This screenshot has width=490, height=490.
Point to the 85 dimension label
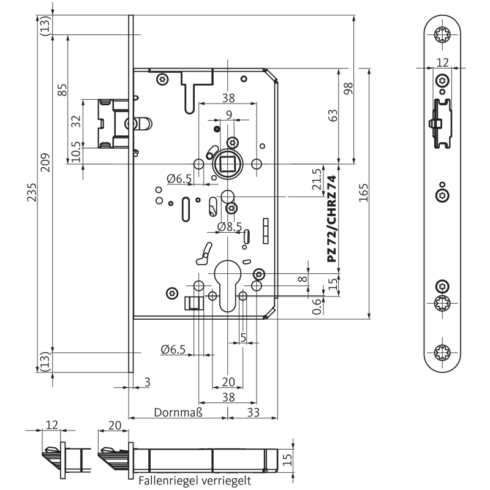click(62, 89)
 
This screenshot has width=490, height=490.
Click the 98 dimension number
click(349, 89)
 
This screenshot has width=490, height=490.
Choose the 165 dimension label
click(363, 194)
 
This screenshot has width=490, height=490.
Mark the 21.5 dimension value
click(317, 180)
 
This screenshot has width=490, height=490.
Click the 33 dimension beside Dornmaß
click(252, 412)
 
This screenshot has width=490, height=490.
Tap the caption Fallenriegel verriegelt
click(195, 480)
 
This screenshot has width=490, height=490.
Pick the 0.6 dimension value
click(317, 306)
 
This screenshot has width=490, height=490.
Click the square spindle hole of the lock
click(228, 164)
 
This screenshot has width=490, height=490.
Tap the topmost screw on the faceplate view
click(442, 34)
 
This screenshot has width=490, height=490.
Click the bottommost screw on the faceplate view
click(442, 353)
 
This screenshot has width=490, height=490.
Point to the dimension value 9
click(228, 114)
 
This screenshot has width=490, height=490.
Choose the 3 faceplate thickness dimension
click(147, 382)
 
